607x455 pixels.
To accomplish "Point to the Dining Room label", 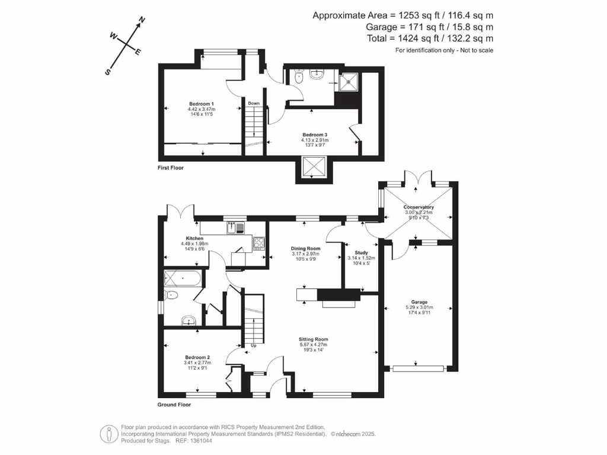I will pos(305,249).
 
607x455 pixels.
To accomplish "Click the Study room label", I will pos(361,252).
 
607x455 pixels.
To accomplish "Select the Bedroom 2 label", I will pos(197,357).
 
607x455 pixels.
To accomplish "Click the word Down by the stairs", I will pos(254,103).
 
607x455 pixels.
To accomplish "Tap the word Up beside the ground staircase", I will pos(254,345).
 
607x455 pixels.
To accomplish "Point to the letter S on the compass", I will pos(108,72).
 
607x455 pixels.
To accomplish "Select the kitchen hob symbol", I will pos(259,242).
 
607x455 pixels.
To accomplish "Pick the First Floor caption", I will pos(171,168).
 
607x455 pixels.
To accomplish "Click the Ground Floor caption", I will pos(174,405).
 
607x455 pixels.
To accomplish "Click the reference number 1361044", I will pos(201,440).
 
